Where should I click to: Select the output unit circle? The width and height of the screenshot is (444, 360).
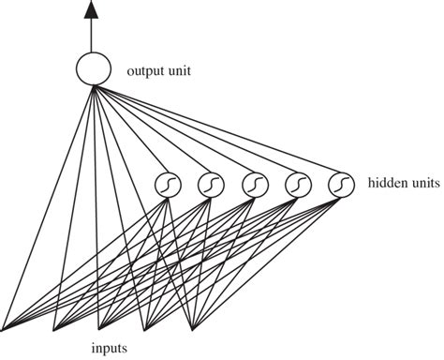[x=92, y=69]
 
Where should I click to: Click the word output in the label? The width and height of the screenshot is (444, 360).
[x=146, y=70]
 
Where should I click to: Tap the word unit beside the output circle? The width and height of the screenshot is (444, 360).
[x=180, y=70]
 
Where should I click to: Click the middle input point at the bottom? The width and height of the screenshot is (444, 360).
[x=99, y=328]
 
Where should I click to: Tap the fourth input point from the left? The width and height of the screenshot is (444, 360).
[x=145, y=328]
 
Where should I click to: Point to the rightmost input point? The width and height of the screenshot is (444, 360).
[x=192, y=328]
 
